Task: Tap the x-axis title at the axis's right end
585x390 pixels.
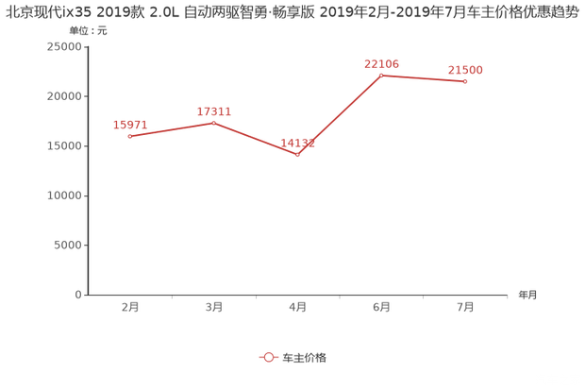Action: click(526, 295)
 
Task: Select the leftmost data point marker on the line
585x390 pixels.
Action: click(129, 137)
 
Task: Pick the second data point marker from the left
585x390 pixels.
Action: click(215, 122)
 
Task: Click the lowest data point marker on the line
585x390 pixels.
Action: click(298, 155)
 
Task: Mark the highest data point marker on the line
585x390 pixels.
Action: click(381, 75)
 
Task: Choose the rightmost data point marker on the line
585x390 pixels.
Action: click(466, 82)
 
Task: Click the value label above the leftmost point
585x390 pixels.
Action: click(129, 124)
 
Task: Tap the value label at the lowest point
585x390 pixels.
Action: click(298, 144)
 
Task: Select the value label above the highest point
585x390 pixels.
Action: click(381, 63)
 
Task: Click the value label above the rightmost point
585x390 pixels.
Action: click(466, 70)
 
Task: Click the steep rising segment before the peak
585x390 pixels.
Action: click(340, 114)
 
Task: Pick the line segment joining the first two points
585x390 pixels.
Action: click(172, 129)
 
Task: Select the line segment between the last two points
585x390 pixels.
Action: click(424, 78)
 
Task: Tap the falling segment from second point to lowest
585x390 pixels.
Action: click(257, 139)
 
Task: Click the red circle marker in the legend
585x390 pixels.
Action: click(269, 357)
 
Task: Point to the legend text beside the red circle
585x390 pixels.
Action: click(303, 357)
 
